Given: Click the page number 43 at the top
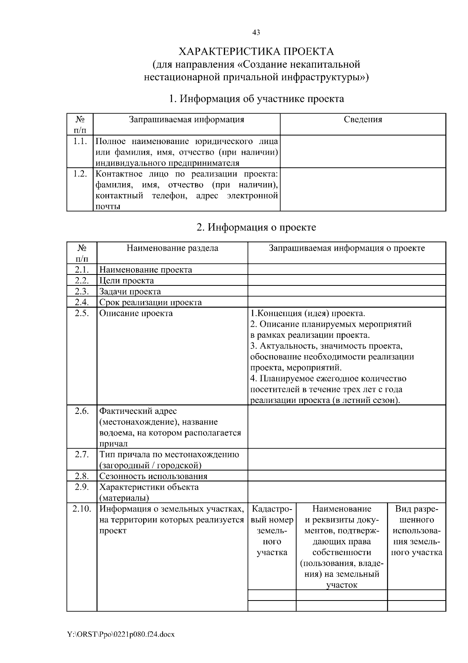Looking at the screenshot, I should [x=256, y=33].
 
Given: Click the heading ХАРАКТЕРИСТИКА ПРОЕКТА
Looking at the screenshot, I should [x=256, y=52].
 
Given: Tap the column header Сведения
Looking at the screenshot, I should [x=363, y=120].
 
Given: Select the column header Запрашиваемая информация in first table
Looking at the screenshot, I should [x=186, y=120].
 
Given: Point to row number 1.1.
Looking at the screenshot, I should [x=80, y=141].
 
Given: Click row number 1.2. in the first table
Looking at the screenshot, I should [x=80, y=174].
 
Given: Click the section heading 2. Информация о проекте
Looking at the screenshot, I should [x=256, y=227].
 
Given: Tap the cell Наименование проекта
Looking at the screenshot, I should [x=145, y=269].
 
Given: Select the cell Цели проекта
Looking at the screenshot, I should [x=126, y=280].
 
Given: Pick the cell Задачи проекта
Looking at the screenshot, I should [x=130, y=291].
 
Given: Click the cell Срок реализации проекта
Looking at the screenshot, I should [x=151, y=302].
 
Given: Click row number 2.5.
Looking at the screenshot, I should [x=82, y=313].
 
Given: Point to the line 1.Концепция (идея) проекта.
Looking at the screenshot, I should [x=308, y=313].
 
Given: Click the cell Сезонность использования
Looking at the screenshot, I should [x=153, y=476].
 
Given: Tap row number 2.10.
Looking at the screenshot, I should [x=82, y=509].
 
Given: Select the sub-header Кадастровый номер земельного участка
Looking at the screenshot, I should [x=272, y=530].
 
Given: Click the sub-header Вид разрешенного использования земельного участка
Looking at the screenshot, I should [x=417, y=530].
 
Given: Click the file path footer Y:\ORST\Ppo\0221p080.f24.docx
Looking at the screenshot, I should [x=121, y=634].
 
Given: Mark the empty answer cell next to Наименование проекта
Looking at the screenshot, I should [x=347, y=269].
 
